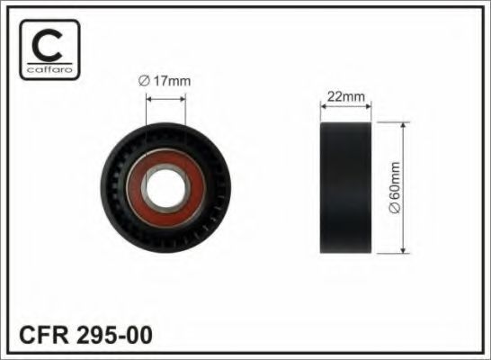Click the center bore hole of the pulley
[x=165, y=190]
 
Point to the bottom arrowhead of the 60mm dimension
[x=403, y=251]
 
